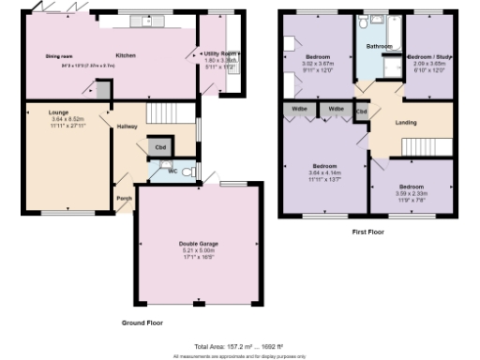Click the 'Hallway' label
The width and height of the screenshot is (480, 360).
click(x=127, y=127)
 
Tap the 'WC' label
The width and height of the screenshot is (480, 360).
click(x=172, y=172)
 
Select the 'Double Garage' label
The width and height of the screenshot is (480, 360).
click(x=197, y=244)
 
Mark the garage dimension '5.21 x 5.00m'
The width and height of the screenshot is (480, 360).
click(x=197, y=250)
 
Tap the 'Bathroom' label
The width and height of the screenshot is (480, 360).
click(x=379, y=45)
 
